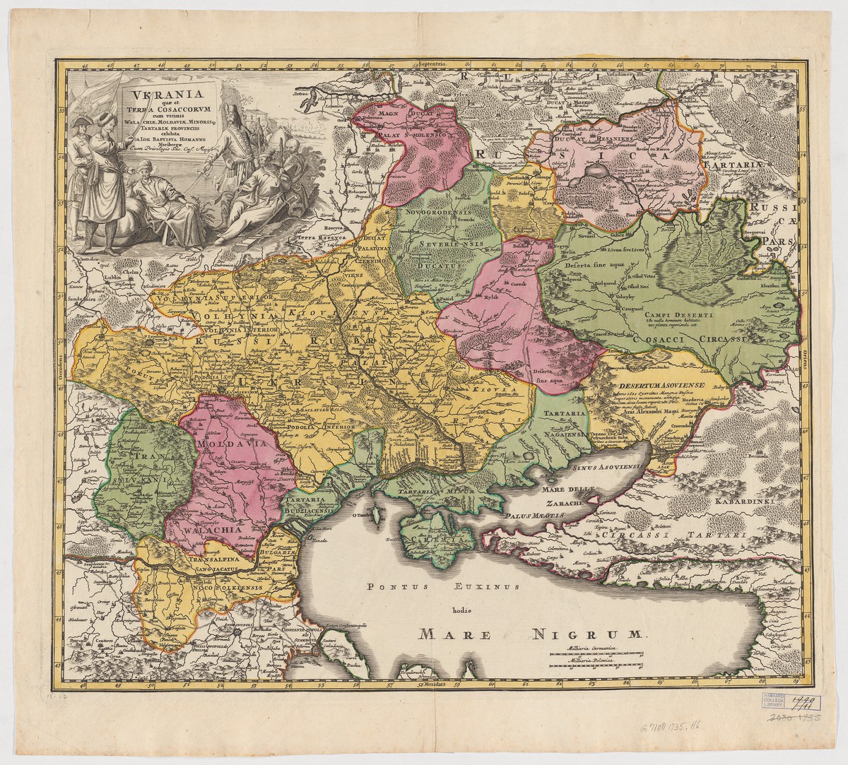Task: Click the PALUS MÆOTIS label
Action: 537,516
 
